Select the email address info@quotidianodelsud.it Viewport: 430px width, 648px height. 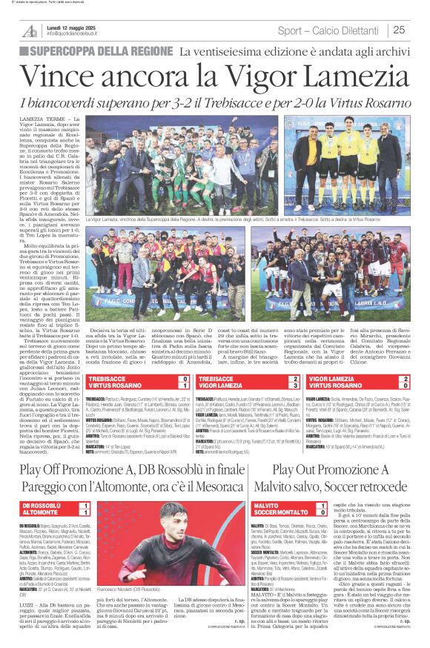81,35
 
